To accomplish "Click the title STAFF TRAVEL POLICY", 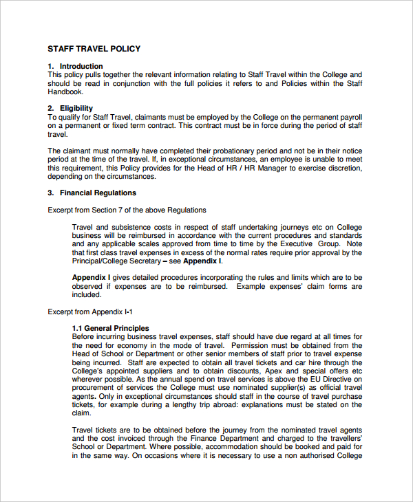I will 94,49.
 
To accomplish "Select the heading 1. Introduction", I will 75,67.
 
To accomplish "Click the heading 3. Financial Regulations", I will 92,193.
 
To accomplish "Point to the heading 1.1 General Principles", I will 110,329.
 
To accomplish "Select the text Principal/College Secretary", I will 116,261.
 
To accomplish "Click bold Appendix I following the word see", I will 202,261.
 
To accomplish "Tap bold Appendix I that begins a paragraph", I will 92,278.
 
